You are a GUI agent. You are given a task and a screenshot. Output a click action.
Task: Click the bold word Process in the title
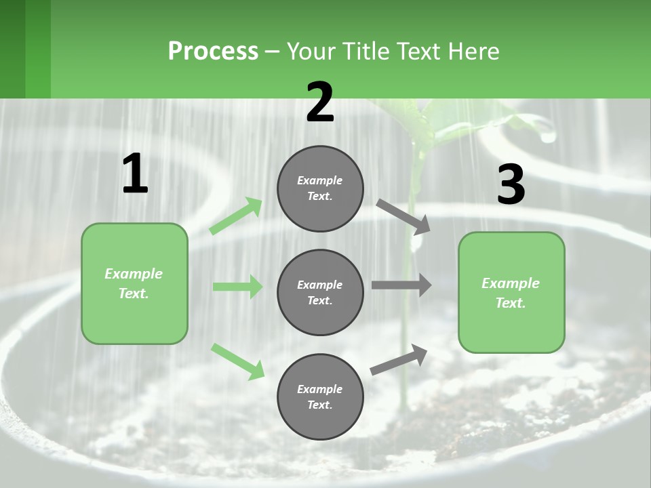pos(213,51)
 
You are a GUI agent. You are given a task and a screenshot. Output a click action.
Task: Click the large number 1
pos(135,174)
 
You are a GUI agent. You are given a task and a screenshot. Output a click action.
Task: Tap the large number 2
pos(320,103)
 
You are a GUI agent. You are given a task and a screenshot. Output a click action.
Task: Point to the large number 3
pos(511,185)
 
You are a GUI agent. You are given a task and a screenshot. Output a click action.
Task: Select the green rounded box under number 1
pos(134,283)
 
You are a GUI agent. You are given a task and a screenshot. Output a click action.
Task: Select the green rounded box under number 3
pos(511,293)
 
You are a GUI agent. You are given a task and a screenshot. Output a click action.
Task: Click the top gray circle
pos(320,188)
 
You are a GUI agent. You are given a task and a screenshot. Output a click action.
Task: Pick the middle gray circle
pos(320,293)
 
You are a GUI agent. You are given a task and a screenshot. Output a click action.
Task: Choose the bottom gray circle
pos(320,397)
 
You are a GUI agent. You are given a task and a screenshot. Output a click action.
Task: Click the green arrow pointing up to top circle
pos(236,216)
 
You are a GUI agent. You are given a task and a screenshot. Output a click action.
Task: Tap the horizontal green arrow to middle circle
pos(237,287)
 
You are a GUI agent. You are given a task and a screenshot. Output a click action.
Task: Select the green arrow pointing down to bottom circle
pos(237,361)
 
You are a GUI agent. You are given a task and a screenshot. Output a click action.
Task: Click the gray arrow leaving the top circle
pos(403,216)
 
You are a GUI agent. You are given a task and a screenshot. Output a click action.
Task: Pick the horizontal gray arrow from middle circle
pos(401,285)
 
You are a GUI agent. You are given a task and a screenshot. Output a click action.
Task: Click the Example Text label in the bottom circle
pos(320,397)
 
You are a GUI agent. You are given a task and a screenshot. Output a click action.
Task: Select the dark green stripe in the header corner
pos(12,49)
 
